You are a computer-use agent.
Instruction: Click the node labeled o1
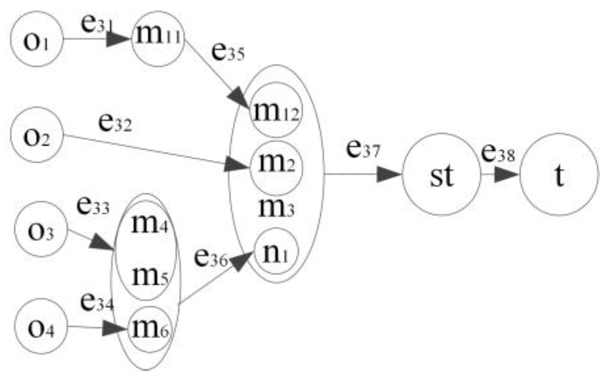tap(37, 39)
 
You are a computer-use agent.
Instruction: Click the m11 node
tap(157, 39)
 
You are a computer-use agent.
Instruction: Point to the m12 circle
tap(276, 111)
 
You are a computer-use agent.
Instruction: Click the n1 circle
tap(276, 252)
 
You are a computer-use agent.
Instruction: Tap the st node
tap(441, 175)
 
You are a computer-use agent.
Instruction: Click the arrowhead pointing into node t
tap(508, 175)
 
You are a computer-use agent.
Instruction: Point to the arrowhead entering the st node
tap(389, 175)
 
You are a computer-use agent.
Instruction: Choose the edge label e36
tap(211, 259)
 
